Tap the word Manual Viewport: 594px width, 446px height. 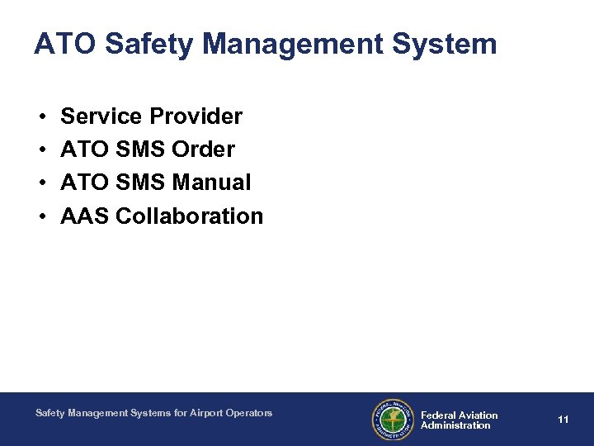click(x=212, y=183)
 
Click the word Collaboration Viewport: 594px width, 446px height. click(x=190, y=216)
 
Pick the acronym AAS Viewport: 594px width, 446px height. click(x=85, y=216)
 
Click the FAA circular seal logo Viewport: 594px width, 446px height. click(x=392, y=420)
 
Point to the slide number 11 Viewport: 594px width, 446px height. click(x=563, y=420)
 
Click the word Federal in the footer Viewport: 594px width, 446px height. click(x=437, y=415)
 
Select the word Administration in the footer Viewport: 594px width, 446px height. click(x=455, y=425)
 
